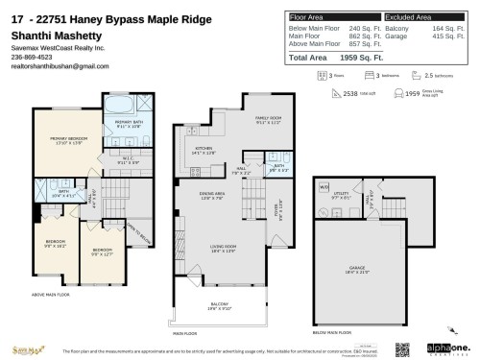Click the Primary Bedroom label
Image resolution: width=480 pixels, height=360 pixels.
pos(66,139)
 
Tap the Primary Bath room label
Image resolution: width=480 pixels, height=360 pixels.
pos(129,124)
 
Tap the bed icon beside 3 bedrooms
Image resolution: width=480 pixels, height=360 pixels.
pos(352,73)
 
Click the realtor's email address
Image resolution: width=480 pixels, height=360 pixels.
pos(53,65)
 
